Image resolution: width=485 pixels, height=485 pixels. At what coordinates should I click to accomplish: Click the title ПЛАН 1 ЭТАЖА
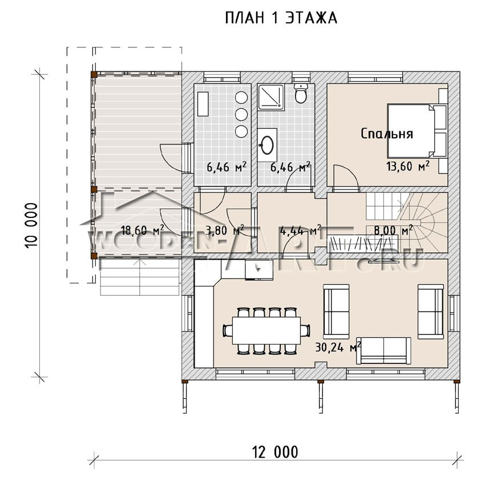[281, 18]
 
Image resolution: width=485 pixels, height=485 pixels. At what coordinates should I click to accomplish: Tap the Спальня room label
[387, 134]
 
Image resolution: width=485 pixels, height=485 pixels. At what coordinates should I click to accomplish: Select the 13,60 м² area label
[408, 166]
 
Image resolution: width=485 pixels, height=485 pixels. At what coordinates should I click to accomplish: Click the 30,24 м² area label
[338, 347]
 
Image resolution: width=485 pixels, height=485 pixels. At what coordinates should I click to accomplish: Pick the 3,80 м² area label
[225, 230]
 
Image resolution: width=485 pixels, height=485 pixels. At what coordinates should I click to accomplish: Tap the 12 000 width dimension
[276, 452]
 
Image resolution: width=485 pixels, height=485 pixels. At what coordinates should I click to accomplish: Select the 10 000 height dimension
[31, 225]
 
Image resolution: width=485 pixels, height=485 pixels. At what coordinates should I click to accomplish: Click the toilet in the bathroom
[301, 92]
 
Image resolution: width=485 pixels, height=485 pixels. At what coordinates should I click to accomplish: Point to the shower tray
[271, 97]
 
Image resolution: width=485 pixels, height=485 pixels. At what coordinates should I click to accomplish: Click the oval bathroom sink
[267, 145]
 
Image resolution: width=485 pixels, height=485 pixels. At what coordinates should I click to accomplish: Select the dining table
[266, 330]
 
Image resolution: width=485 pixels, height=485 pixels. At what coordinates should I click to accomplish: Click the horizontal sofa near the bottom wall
[384, 350]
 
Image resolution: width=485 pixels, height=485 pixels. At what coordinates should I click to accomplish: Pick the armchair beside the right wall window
[431, 312]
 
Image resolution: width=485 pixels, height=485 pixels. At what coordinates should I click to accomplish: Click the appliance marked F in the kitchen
[259, 270]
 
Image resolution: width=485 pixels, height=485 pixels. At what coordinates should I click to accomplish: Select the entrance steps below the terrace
[140, 277]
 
